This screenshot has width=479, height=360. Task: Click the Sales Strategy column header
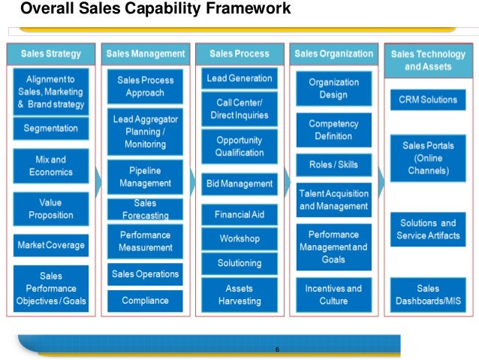[51, 54]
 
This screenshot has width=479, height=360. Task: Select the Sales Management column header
[145, 54]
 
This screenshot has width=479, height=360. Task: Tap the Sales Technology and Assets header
[428, 60]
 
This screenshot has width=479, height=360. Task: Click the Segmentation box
[51, 129]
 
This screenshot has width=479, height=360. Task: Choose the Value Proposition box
[51, 209]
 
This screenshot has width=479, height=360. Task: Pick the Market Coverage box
[51, 245]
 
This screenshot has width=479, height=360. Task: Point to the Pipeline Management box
[145, 177]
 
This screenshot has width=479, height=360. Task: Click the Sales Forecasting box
[145, 208]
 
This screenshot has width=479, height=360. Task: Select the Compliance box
[145, 301]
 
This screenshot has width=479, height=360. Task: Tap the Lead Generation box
[239, 78]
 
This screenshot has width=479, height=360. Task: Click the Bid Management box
[239, 183]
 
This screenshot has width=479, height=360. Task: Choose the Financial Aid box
[239, 214]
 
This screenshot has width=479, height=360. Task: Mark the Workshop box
[239, 239]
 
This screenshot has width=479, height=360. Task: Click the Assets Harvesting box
[239, 295]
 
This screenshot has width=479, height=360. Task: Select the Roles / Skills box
[333, 165]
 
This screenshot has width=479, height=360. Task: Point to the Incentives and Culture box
[333, 295]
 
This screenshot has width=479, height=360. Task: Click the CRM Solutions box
[428, 100]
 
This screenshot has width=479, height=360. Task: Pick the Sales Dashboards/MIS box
[428, 295]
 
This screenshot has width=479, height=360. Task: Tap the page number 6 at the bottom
[277, 350]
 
